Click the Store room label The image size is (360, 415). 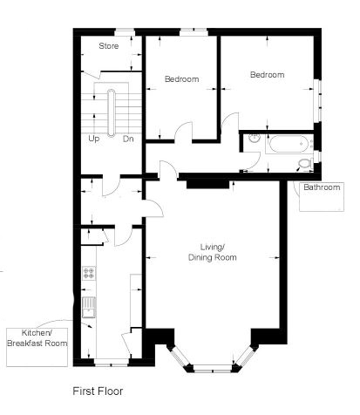109,46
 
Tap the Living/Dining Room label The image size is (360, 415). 213,252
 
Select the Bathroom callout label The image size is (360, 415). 322,187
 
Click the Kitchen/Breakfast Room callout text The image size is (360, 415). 37,338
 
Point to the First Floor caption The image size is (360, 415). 98,391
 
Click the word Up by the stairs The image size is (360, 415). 93,139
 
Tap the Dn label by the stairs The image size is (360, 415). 128,139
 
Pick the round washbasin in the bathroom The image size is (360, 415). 255,139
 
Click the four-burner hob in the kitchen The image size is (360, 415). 89,273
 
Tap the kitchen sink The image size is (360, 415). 89,308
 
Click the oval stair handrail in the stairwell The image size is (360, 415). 112,112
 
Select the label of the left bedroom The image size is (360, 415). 181,79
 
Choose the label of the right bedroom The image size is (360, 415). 267,75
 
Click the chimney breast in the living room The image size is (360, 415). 207,184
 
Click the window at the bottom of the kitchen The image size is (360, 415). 112,362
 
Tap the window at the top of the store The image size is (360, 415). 126,31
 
